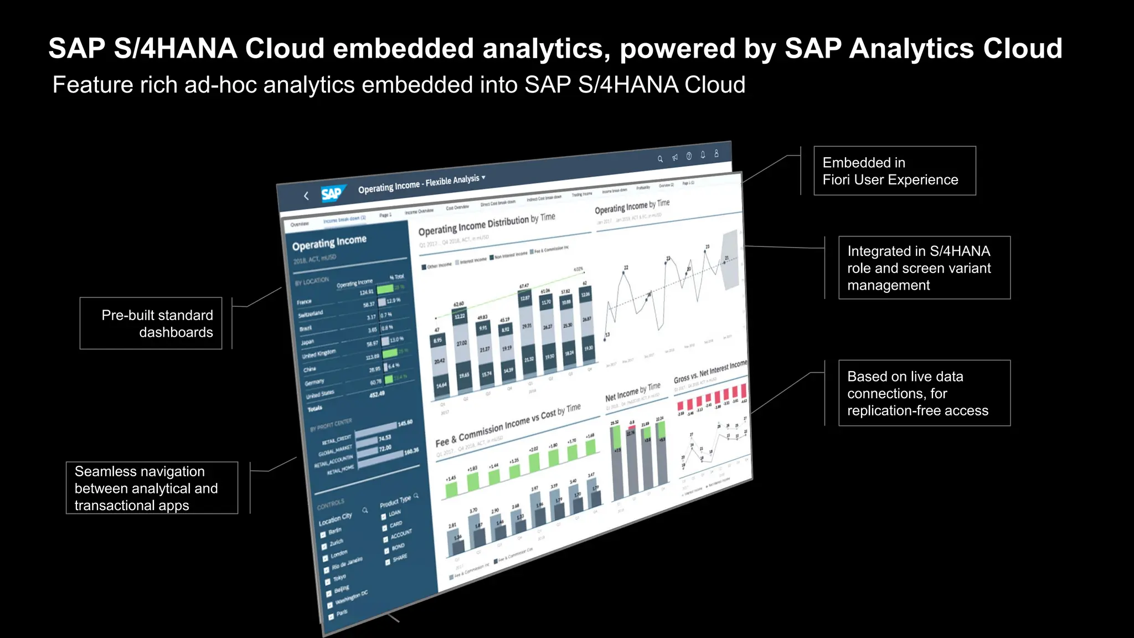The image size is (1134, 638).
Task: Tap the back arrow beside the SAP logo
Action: pos(306,195)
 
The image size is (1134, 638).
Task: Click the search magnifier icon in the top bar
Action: pos(660,159)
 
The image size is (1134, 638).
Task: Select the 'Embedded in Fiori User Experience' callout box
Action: pos(894,171)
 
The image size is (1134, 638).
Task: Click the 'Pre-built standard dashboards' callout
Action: pos(151,323)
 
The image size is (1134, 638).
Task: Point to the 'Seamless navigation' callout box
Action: pos(152,488)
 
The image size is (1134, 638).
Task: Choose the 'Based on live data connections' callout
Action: pos(924,393)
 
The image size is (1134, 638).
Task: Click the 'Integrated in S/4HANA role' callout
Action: pos(924,268)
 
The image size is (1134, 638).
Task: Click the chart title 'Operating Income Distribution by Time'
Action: pos(486,224)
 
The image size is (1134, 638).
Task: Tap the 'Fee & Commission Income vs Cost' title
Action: pos(507,425)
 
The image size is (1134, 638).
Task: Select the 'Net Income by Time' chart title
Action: pos(632,392)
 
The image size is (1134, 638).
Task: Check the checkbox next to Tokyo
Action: pos(328,582)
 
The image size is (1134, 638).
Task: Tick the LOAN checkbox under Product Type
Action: pos(384,516)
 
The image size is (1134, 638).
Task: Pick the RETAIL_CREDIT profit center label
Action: pos(337,440)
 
